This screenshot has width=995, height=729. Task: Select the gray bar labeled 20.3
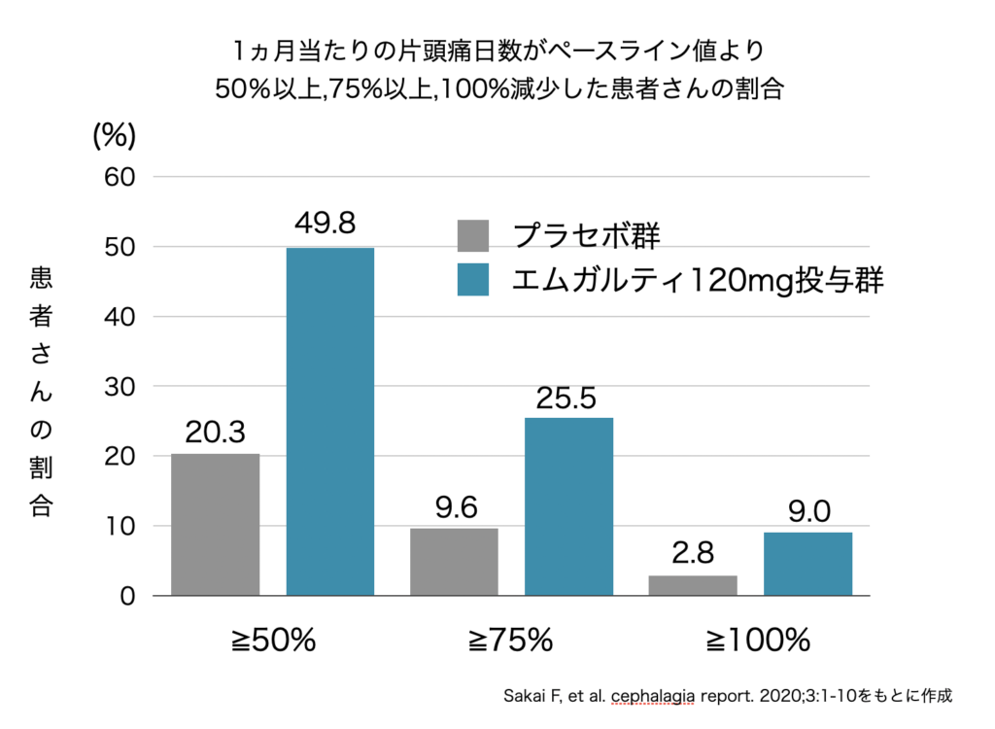click(x=216, y=524)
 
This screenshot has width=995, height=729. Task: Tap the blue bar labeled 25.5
click(x=568, y=506)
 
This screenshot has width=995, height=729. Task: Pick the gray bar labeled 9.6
click(x=454, y=562)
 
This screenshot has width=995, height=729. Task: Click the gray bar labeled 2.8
click(x=692, y=585)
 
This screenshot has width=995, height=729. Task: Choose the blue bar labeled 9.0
click(x=807, y=564)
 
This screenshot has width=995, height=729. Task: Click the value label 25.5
click(x=568, y=398)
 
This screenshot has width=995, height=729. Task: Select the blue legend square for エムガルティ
click(x=473, y=280)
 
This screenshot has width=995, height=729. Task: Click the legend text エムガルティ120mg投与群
click(x=699, y=280)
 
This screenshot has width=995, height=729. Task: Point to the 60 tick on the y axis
click(x=124, y=177)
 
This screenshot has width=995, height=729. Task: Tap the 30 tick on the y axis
click(x=124, y=386)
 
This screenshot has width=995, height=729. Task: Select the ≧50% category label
click(x=274, y=641)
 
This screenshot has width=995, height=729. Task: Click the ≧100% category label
click(x=757, y=641)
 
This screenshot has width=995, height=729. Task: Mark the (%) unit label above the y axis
click(x=114, y=136)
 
